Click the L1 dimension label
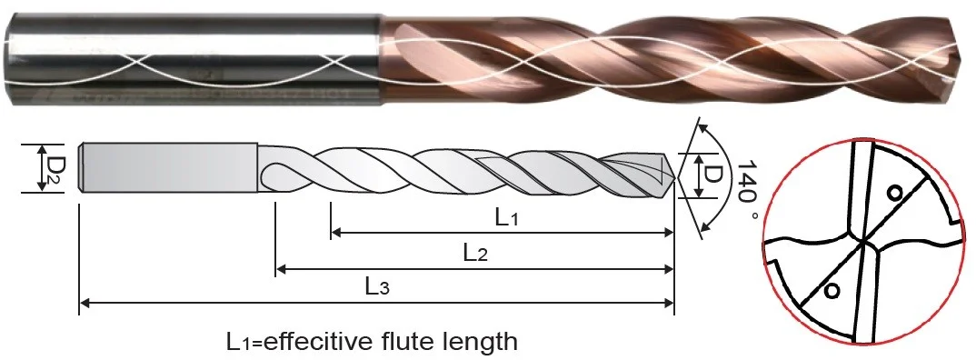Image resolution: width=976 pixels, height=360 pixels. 507,218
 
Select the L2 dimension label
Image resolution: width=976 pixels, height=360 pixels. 475,253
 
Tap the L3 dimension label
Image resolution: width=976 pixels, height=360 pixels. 378,287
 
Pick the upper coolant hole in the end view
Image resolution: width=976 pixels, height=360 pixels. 894,193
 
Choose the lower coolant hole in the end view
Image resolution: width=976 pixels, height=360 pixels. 829,290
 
